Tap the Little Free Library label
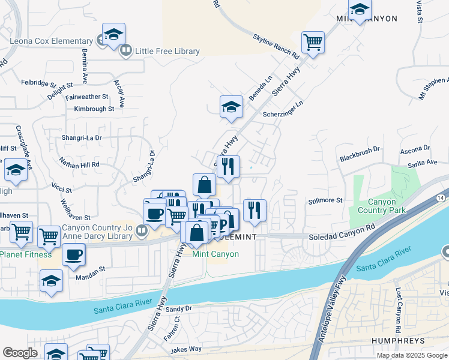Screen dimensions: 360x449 coord(167,51)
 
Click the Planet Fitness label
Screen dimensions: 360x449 coord(26,254)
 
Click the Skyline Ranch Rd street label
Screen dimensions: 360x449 coord(276,46)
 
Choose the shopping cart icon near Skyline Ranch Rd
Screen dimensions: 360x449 coord(313,42)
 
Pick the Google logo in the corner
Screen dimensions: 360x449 coord(20,353)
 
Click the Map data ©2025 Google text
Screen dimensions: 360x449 coord(411,355)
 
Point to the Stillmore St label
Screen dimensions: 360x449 coord(325,200)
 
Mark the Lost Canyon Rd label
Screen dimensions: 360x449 coord(398,311)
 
